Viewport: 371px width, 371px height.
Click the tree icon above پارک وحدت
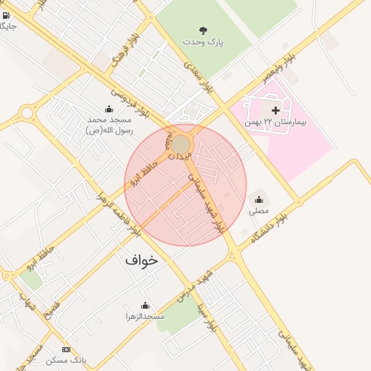coord(204,30)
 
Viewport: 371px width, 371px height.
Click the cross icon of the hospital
coord(275,110)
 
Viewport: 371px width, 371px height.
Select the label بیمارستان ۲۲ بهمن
coord(275,122)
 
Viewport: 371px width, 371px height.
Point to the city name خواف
coord(141,259)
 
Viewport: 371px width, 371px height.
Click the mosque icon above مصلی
coord(259,199)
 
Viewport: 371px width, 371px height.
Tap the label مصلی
coord(259,212)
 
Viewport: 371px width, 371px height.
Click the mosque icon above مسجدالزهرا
coord(145,305)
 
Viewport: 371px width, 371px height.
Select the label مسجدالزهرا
coord(145,317)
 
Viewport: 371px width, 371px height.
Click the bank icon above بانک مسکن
coord(67,349)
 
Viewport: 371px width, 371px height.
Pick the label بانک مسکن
coord(67,360)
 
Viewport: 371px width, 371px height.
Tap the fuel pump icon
coord(7,14)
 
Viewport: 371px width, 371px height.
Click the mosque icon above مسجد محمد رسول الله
coord(109,109)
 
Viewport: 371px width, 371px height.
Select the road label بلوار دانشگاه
coord(265,228)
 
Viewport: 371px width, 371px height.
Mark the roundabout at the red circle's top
coord(180,145)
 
